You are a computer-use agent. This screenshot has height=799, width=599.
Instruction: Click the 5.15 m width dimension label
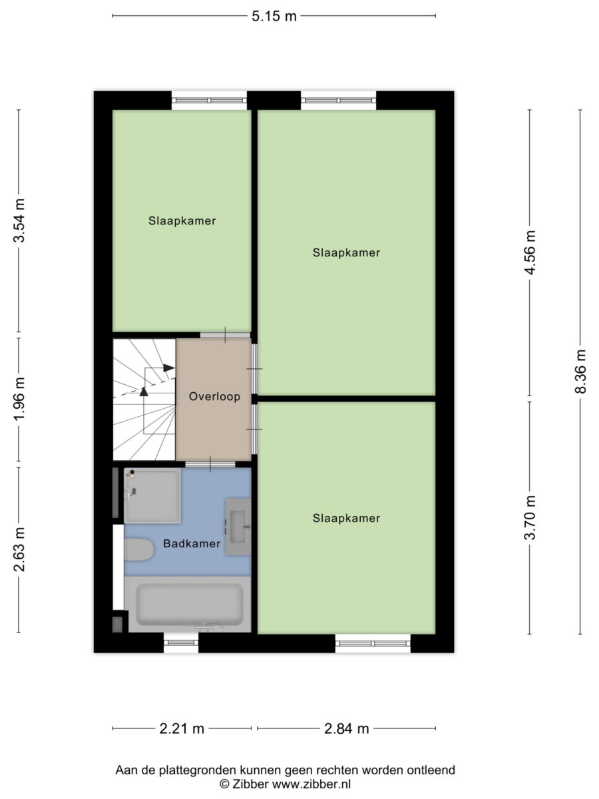tap(274, 17)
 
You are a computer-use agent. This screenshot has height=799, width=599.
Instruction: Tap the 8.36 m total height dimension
tap(580, 372)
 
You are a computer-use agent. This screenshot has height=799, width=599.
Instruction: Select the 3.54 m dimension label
tap(19, 220)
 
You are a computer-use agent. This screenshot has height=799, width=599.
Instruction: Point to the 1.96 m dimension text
tap(19, 399)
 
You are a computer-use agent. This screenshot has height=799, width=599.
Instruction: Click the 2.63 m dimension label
tap(19, 549)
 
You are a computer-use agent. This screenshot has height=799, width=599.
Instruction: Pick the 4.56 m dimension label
tap(530, 252)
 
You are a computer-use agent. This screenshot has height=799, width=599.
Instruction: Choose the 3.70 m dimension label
tap(530, 517)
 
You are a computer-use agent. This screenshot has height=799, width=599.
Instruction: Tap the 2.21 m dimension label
tap(182, 728)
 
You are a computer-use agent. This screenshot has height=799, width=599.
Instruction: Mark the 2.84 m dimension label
tap(346, 728)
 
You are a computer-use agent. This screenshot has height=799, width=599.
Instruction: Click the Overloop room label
tap(214, 396)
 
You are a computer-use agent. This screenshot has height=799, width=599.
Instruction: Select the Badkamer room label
tap(192, 543)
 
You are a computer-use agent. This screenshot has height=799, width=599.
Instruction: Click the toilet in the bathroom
tap(139, 550)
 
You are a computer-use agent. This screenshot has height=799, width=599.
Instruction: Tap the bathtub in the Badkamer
tap(188, 605)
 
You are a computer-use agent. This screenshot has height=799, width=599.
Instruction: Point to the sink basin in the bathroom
tap(238, 527)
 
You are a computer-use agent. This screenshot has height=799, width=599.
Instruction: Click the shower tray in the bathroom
tap(152, 496)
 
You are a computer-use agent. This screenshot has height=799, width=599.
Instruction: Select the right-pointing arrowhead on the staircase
tap(169, 368)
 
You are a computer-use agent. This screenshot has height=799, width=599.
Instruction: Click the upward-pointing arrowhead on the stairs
tap(144, 392)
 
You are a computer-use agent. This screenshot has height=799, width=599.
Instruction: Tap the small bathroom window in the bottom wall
tap(181, 643)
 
